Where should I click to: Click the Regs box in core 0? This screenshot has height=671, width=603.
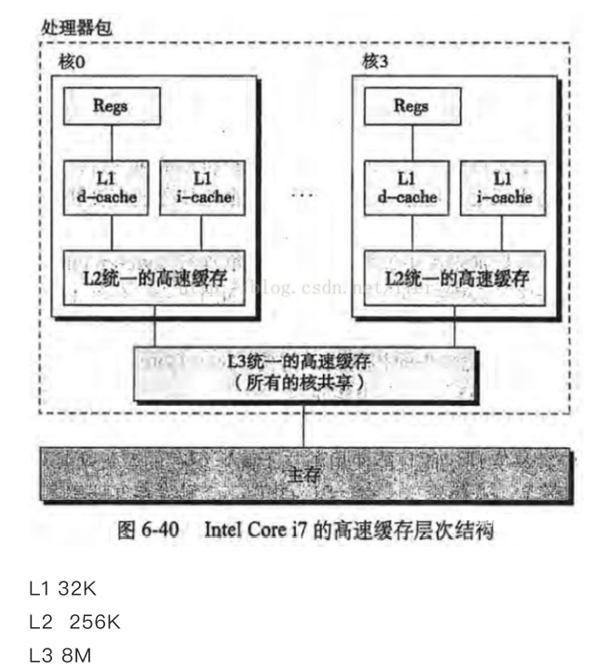pyautogui.click(x=110, y=107)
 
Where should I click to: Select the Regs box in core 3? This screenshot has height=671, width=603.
pyautogui.click(x=410, y=107)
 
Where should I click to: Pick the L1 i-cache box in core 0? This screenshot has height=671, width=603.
pyautogui.click(x=200, y=186)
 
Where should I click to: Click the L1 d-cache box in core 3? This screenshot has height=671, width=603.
pyautogui.click(x=407, y=186)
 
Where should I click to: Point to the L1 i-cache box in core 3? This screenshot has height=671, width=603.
pyautogui.click(x=502, y=186)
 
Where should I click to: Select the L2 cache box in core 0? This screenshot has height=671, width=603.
pyautogui.click(x=153, y=276)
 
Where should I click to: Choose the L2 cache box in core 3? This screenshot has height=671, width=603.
pyautogui.click(x=454, y=276)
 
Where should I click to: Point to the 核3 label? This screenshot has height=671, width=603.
pyautogui.click(x=374, y=62)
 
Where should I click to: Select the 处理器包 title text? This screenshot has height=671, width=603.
pyautogui.click(x=76, y=26)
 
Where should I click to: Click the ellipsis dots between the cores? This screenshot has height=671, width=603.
pyautogui.click(x=303, y=195)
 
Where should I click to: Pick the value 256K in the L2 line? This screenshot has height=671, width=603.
pyautogui.click(x=95, y=622)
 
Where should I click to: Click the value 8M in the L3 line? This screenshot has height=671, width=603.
pyautogui.click(x=77, y=655)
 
